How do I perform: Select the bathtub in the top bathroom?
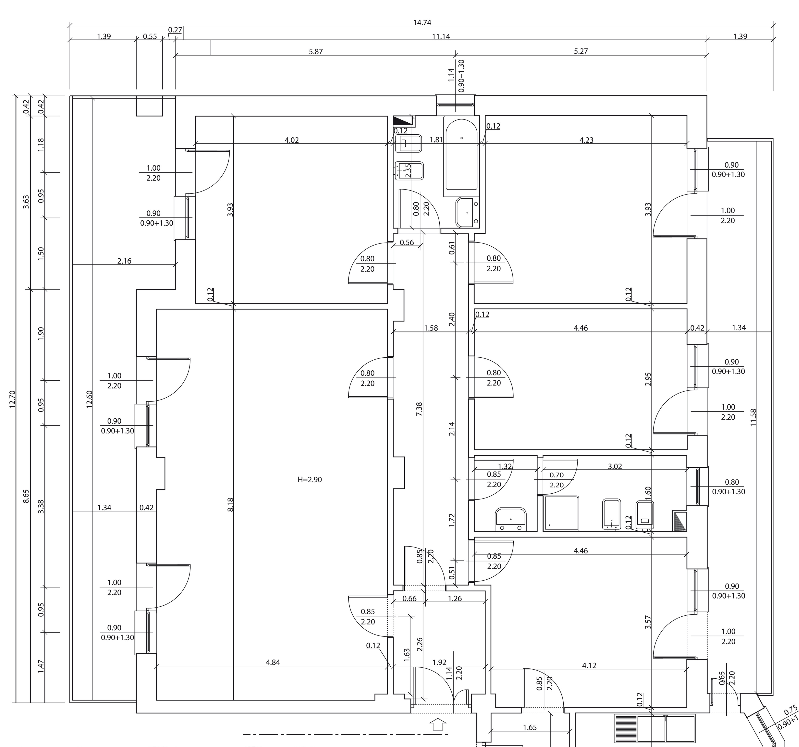[461, 154]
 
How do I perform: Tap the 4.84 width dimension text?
[273, 662]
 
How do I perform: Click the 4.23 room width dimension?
[586, 140]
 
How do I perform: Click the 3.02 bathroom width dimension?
[615, 466]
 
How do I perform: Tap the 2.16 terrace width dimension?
[124, 261]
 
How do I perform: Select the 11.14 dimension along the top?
[441, 37]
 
